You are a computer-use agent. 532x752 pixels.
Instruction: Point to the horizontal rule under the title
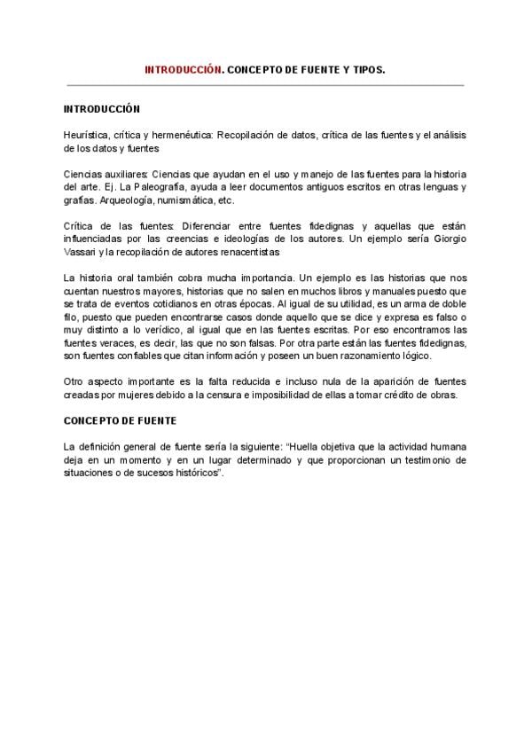(265, 85)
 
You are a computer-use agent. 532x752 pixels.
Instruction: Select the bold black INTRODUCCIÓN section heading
(102, 109)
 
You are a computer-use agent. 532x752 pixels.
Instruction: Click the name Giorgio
(447, 240)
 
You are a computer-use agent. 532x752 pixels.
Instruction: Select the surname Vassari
(83, 253)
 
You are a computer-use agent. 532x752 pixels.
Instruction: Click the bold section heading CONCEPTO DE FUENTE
(121, 421)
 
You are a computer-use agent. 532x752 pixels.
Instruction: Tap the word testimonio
(414, 461)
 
